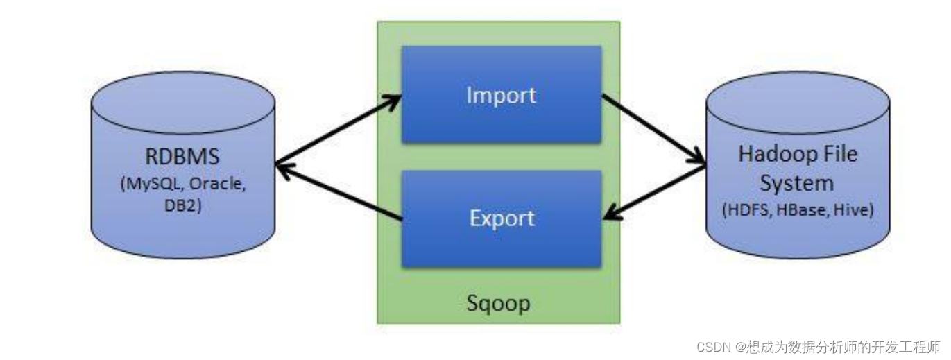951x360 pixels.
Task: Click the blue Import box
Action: tap(501, 94)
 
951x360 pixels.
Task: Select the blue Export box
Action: tap(501, 218)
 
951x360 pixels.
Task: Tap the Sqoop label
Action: tap(498, 303)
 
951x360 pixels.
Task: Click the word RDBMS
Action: tap(183, 156)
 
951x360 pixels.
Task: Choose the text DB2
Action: tap(183, 205)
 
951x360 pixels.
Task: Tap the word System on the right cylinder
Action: tap(796, 183)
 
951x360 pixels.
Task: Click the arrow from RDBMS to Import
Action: tap(339, 130)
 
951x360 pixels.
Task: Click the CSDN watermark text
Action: tap(819, 346)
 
